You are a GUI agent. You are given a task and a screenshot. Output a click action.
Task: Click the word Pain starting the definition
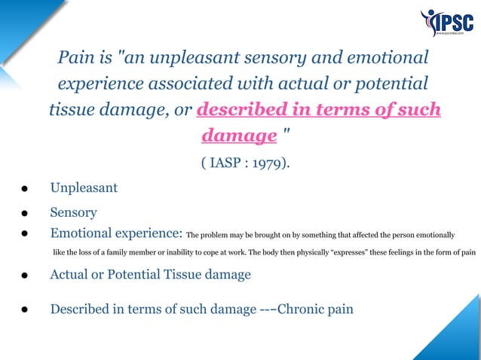(x=75, y=58)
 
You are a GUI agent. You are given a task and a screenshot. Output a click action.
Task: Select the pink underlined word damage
(x=238, y=136)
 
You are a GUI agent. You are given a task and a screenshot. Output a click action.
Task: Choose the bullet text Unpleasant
(x=84, y=188)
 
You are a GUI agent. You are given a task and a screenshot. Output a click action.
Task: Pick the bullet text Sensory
(x=74, y=213)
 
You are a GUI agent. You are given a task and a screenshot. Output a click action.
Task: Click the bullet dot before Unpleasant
(x=26, y=188)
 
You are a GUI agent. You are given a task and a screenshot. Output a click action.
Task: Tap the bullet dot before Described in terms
(x=26, y=310)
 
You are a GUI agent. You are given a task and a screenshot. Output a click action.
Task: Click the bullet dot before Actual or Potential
(x=26, y=276)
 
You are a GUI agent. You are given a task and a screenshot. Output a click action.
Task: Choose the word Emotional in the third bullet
(x=84, y=233)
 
